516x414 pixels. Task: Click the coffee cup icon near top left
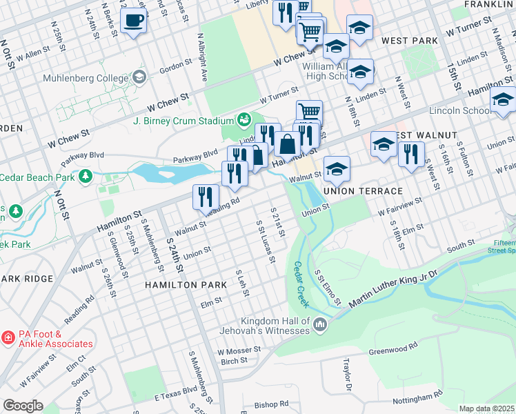click(x=133, y=20)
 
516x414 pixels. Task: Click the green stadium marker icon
click(x=244, y=121)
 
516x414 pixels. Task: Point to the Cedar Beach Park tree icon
click(x=85, y=177)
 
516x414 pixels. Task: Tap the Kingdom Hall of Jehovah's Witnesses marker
click(x=319, y=324)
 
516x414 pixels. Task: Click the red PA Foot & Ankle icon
click(x=8, y=338)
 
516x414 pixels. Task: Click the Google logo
click(x=23, y=406)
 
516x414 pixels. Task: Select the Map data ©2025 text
click(x=486, y=408)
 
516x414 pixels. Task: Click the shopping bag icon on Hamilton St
click(x=287, y=144)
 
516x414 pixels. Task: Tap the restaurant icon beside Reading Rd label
click(x=206, y=197)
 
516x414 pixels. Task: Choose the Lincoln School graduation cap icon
click(x=503, y=102)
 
